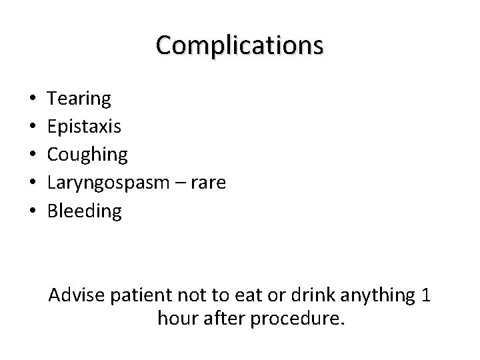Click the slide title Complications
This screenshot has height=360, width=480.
pyautogui.click(x=240, y=45)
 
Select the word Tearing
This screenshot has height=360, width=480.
pyautogui.click(x=79, y=99)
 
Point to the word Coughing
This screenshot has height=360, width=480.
pyautogui.click(x=87, y=155)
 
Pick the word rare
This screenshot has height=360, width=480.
pyautogui.click(x=207, y=183)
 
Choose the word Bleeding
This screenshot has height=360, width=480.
pyautogui.click(x=85, y=211)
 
